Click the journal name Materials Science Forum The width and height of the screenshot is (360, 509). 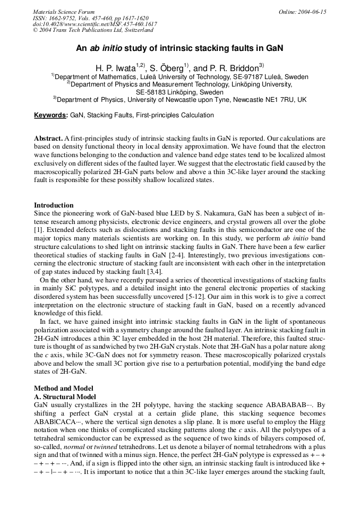click(64, 12)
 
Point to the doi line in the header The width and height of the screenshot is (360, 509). click(95, 24)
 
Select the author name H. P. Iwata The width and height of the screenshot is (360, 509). click(115, 68)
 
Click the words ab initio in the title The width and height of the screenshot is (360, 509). click(106, 48)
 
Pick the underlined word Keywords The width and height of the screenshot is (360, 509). click(50, 115)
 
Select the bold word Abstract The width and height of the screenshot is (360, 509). click(48, 138)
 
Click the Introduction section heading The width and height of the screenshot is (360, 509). click(54, 205)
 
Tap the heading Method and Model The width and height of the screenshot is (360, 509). click(63, 388)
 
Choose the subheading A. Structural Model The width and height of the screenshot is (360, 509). click(65, 396)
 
